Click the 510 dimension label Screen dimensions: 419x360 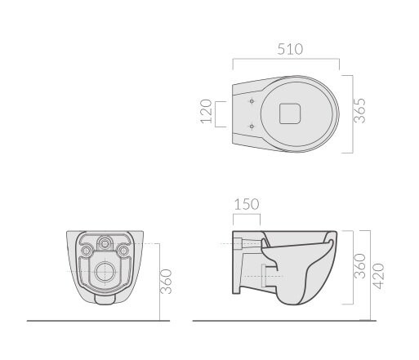[290, 49]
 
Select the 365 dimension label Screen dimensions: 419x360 [359, 110]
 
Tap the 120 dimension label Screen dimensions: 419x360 [206, 112]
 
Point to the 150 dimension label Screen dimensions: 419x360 [247, 204]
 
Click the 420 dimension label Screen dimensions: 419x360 [378, 276]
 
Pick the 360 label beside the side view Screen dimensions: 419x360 [359, 266]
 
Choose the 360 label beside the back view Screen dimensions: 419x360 [166, 282]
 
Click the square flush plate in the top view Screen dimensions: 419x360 [290, 113]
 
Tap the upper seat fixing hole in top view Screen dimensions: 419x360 [252, 101]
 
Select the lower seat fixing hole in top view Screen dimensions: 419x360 [252, 127]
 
